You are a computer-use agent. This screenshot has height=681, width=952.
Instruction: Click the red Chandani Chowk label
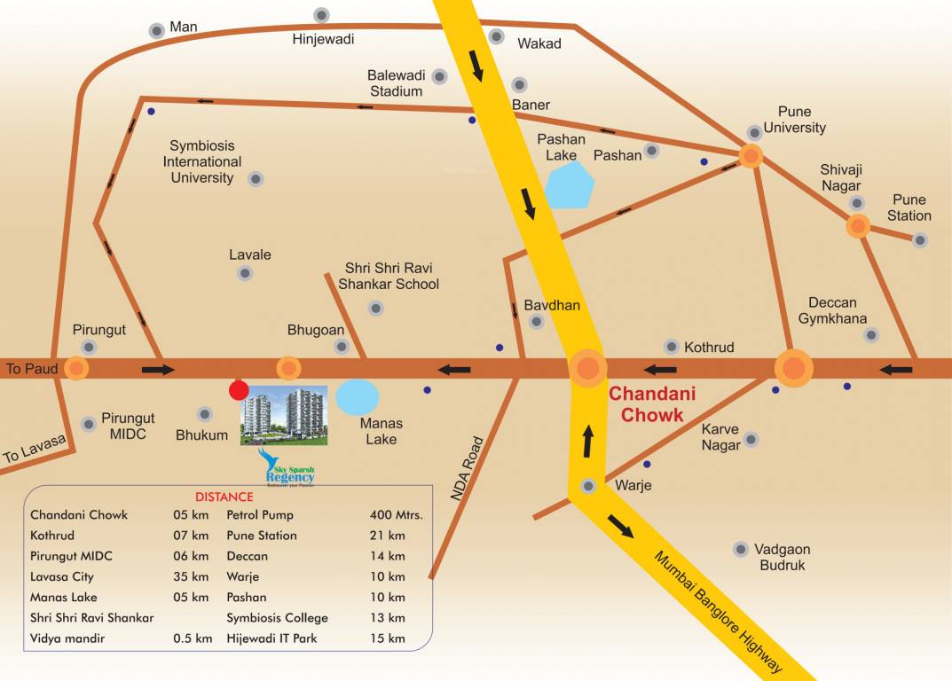coord(652,403)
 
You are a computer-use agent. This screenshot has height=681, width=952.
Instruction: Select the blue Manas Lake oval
coord(358,397)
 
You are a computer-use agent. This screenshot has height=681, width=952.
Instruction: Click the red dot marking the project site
coord(239,390)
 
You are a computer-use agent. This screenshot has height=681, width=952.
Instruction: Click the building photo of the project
coord(284,414)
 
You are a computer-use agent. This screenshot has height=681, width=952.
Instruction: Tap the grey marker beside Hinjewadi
coord(321,15)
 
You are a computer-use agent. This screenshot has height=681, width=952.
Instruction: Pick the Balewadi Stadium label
coord(395,82)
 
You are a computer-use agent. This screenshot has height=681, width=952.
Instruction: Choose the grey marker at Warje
coord(588,486)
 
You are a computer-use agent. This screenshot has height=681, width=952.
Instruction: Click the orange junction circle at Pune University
coord(751,158)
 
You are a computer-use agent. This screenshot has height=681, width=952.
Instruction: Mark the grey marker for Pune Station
coord(920,239)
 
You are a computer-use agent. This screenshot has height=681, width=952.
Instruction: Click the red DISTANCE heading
coord(224,497)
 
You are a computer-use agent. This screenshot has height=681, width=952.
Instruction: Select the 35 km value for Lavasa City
coord(191,576)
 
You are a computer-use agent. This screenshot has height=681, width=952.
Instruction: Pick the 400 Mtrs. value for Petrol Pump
coord(396,514)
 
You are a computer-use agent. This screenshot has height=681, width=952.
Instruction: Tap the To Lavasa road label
coord(35,446)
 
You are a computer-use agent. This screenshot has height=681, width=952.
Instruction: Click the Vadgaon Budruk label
coord(782,557)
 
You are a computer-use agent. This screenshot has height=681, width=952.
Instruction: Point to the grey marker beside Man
coord(157,30)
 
